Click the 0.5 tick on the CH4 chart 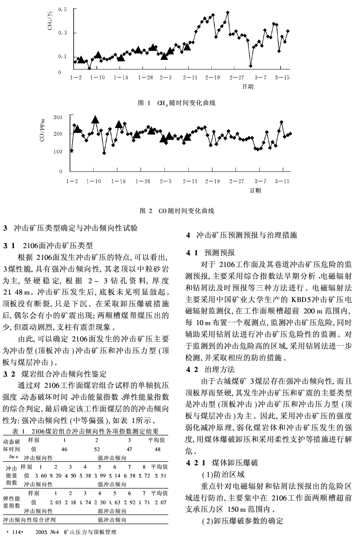pyautogui.click(x=62, y=9)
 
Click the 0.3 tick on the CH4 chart pyautogui.click(x=62, y=33)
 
